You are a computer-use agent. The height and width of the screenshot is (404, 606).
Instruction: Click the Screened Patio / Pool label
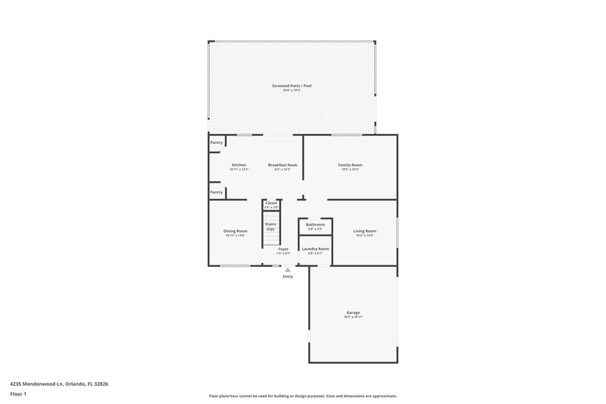pyautogui.click(x=292, y=86)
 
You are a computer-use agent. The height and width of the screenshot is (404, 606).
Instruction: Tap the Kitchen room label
pyautogui.click(x=239, y=164)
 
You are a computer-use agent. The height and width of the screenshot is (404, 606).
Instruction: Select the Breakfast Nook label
pyautogui.click(x=282, y=164)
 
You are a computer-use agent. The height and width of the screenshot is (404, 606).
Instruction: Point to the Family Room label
pyautogui.click(x=349, y=164)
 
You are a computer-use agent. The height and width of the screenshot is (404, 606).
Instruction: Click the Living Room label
pyautogui.click(x=364, y=230)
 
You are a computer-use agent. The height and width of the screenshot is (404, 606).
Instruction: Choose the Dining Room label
pyautogui.click(x=236, y=230)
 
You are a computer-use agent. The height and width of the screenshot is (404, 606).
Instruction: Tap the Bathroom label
pyautogui.click(x=315, y=224)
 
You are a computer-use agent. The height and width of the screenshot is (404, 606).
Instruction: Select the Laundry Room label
pyautogui.click(x=315, y=249)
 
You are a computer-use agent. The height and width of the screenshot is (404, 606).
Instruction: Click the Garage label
pyautogui.click(x=353, y=312)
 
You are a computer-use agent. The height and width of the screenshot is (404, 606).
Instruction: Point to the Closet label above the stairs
pyautogui.click(x=270, y=203)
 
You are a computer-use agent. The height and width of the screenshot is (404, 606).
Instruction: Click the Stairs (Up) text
pyautogui.click(x=270, y=226)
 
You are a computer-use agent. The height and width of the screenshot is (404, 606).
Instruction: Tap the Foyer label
pyautogui.click(x=283, y=249)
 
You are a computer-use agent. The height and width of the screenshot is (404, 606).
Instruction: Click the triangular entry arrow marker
pyautogui.click(x=287, y=268)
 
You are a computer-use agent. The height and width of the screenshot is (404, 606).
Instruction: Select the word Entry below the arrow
pyautogui.click(x=288, y=277)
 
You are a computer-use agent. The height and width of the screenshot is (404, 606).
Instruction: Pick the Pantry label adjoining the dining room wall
pyautogui.click(x=217, y=193)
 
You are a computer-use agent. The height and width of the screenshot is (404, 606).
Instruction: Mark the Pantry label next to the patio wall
pyautogui.click(x=217, y=142)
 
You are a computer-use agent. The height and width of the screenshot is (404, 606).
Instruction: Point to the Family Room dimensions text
pyautogui.click(x=349, y=170)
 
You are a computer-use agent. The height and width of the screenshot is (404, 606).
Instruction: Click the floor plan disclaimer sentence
pyautogui.click(x=302, y=396)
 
